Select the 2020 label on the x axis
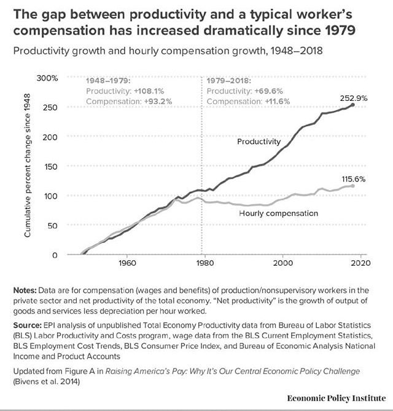click(x=359, y=265)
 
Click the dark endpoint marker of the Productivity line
click(x=352, y=105)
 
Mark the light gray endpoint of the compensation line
click(x=352, y=186)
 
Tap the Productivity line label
click(x=259, y=142)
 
